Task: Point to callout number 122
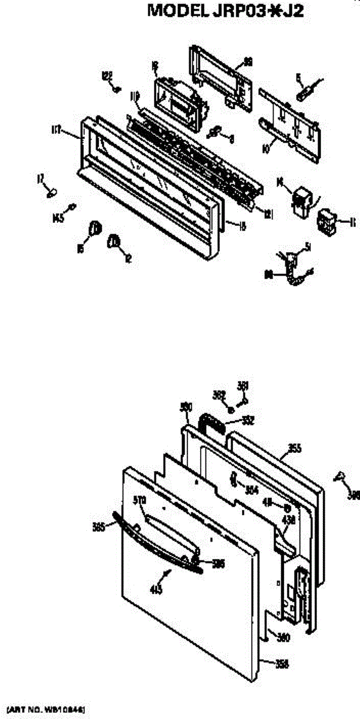tap(107, 75)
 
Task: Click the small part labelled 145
tap(72, 207)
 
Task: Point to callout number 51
tap(307, 246)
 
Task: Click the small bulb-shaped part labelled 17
tap(52, 192)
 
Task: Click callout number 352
tap(248, 421)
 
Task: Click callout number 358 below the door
tap(282, 663)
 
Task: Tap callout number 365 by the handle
tap(99, 527)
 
